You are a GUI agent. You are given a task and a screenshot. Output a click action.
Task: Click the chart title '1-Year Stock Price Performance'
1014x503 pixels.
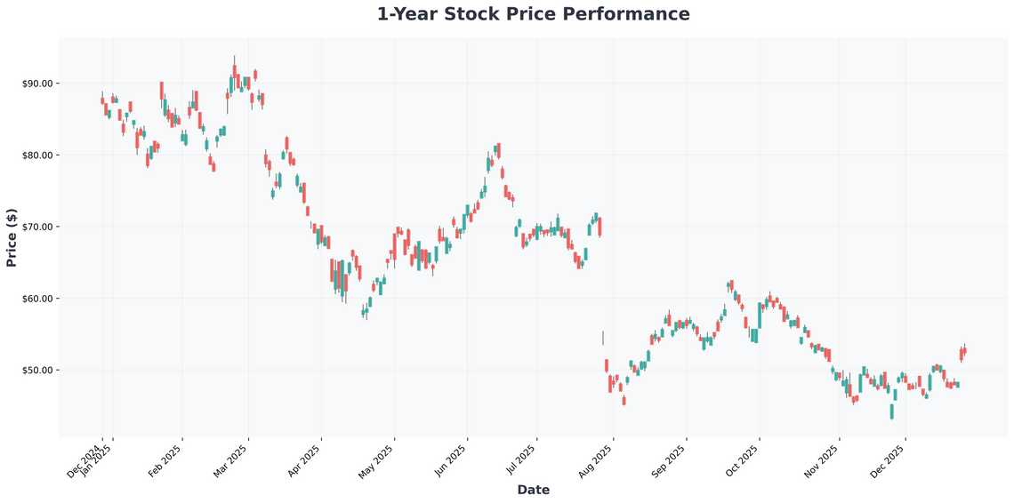(x=533, y=14)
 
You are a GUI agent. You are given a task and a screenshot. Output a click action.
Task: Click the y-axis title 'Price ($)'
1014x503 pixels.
(x=12, y=237)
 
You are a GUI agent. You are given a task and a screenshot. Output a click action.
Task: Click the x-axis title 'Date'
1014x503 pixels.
(x=533, y=490)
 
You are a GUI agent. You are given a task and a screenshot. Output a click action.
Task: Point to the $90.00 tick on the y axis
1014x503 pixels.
(x=38, y=84)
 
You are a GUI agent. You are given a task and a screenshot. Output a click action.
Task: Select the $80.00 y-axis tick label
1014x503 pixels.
(x=38, y=156)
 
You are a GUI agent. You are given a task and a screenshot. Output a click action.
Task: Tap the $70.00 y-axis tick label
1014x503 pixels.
(x=38, y=227)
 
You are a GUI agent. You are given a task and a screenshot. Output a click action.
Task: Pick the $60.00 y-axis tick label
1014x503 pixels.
(x=38, y=299)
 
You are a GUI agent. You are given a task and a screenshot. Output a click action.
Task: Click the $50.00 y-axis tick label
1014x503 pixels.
(x=38, y=370)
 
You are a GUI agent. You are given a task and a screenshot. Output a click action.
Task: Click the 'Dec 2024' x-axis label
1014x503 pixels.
(x=84, y=461)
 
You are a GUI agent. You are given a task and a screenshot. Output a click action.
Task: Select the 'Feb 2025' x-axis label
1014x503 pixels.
(x=165, y=461)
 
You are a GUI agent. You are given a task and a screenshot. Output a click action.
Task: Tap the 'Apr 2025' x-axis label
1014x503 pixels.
(x=304, y=461)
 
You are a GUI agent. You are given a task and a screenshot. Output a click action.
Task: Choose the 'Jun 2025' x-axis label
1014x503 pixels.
(x=450, y=461)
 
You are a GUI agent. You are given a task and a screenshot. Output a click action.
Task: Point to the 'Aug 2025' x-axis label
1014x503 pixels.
(x=596, y=461)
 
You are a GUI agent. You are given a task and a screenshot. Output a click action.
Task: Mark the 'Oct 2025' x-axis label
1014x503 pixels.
(x=743, y=461)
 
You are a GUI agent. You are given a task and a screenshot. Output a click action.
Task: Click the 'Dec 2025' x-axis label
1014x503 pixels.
(x=889, y=461)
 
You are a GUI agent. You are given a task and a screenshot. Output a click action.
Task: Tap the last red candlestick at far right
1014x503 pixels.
(x=964, y=352)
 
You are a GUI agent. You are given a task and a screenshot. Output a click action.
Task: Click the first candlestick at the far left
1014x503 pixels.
(x=102, y=100)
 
